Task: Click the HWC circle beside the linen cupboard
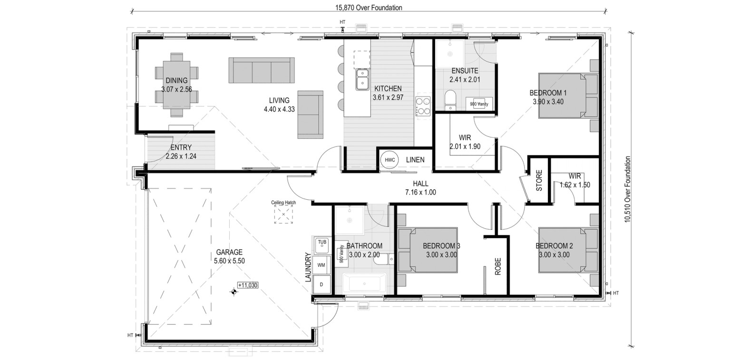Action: coord(390,160)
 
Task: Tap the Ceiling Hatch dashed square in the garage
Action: coord(283,214)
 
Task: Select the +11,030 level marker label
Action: coord(248,285)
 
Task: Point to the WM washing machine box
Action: coord(322,265)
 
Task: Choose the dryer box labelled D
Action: coord(322,284)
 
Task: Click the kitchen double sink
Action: coord(362,79)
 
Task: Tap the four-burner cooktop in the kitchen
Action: coord(423,106)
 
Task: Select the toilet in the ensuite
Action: coord(450,99)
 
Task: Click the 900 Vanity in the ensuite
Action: coord(479,104)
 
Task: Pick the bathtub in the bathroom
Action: coord(364,283)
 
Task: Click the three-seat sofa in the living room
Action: coord(261,70)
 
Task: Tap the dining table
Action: coord(176,85)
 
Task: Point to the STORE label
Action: coord(539,181)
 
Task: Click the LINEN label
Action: coord(415,160)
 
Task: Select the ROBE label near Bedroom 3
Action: coord(498,267)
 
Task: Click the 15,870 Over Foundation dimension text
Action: coord(369,8)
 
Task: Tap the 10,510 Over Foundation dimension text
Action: coord(627,189)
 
